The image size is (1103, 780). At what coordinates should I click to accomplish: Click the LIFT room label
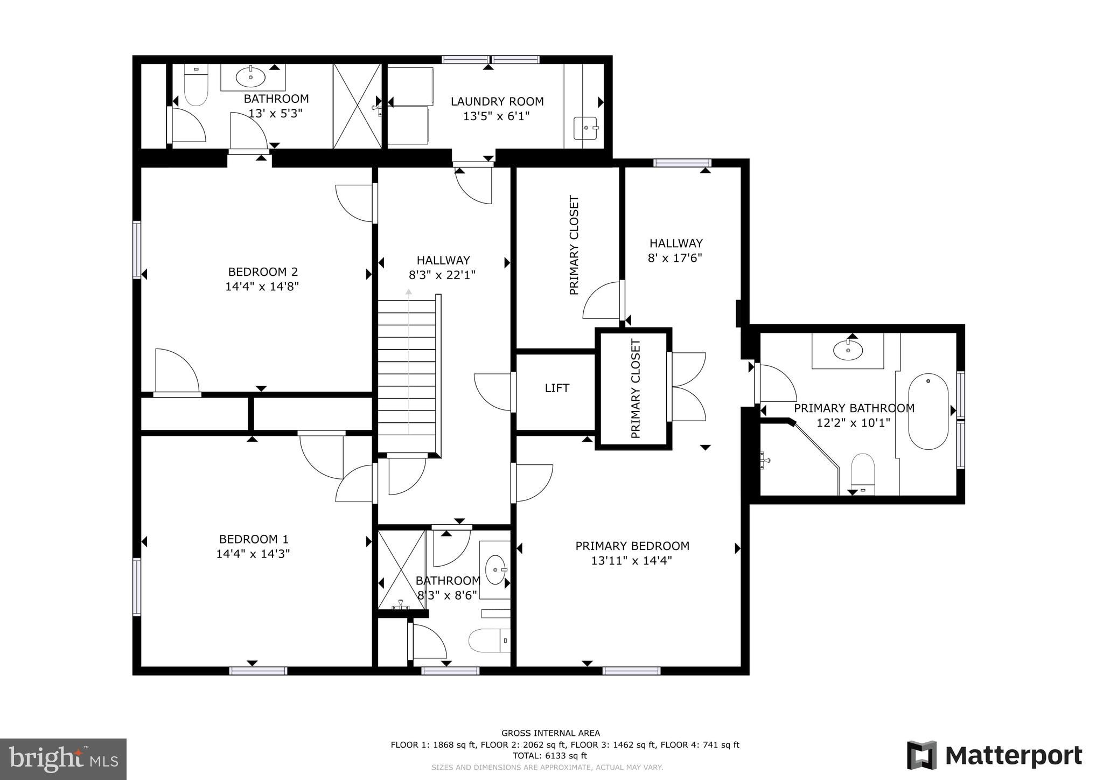click(557, 388)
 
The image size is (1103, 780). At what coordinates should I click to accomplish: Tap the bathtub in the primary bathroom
click(928, 412)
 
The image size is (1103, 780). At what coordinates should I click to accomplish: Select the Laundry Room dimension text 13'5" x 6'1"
click(497, 116)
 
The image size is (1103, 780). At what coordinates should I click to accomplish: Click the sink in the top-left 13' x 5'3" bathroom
click(250, 77)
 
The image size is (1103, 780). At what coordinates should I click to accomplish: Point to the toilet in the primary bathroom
click(862, 472)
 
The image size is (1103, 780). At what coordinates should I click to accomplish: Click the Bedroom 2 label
click(263, 272)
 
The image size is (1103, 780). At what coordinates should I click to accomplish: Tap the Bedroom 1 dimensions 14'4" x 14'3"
click(253, 554)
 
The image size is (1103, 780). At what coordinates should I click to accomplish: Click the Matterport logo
click(994, 755)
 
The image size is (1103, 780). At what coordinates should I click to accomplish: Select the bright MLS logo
click(63, 758)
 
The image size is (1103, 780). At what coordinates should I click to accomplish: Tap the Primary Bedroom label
click(632, 546)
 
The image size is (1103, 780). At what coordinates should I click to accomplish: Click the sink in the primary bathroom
click(848, 351)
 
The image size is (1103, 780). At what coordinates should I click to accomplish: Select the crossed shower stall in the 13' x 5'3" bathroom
click(357, 106)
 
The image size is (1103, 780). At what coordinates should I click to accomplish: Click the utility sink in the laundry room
click(585, 128)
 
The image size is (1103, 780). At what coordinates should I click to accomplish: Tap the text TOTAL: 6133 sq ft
click(549, 756)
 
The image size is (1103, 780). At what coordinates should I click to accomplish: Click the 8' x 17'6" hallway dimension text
click(675, 258)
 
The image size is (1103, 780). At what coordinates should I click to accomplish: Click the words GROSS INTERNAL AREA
click(550, 733)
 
